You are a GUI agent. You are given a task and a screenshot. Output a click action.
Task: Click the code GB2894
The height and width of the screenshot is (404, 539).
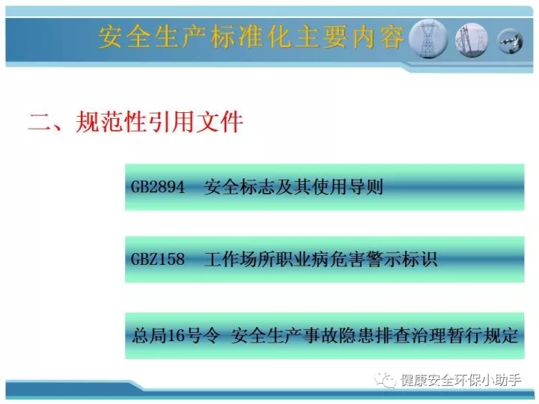[x=158, y=187]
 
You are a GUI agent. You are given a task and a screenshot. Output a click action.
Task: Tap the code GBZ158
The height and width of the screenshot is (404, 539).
[x=158, y=259]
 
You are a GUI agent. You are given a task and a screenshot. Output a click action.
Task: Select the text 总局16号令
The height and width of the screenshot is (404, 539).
[x=176, y=335]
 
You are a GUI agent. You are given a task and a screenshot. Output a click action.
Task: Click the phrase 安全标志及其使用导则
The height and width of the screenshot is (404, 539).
[x=293, y=187]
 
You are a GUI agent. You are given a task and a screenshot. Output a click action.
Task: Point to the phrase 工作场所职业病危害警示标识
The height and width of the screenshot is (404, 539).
[x=320, y=259]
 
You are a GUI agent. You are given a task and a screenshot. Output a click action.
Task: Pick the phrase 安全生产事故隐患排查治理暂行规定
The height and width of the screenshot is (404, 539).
[x=374, y=335]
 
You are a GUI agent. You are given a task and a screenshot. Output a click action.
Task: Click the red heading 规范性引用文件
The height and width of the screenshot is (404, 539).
[x=159, y=122]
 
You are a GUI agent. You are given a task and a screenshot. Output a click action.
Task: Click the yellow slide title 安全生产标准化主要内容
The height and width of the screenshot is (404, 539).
[x=251, y=37]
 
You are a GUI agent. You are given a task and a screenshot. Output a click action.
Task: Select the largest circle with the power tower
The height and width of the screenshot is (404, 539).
[x=427, y=38]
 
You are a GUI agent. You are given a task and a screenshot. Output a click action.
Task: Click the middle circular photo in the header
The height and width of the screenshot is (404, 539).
[x=472, y=40]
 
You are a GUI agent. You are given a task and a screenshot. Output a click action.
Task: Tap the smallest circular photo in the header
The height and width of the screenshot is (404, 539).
[x=511, y=41]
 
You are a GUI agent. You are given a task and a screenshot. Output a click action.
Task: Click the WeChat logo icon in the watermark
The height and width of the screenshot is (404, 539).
[x=385, y=380]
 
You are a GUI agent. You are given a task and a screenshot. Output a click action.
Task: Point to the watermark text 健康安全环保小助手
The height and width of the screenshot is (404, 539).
[x=460, y=380]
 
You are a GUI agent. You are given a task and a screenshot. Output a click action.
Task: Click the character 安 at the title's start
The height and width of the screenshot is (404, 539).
[x=110, y=37]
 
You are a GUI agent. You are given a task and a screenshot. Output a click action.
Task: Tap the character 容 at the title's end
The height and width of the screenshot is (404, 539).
[x=392, y=37]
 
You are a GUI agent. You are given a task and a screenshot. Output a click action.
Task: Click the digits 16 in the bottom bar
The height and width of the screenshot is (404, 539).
[x=175, y=336]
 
